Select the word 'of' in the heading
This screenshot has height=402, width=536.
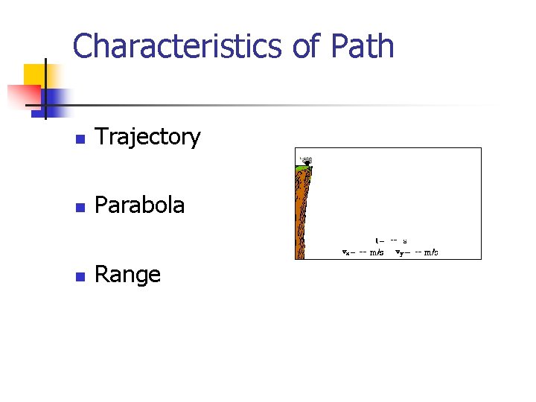(305, 46)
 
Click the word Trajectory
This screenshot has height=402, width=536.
(148, 137)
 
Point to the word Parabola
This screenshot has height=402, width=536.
(140, 205)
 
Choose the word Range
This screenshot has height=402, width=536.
(128, 275)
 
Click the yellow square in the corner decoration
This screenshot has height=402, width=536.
(34, 74)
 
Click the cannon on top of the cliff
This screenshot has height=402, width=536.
(305, 159)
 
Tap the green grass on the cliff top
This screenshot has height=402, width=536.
(303, 170)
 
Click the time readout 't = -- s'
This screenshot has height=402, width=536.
(391, 240)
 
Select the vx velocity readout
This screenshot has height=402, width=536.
(363, 252)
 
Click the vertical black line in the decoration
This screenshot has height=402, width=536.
(45, 89)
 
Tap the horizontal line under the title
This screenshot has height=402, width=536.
(261, 106)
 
